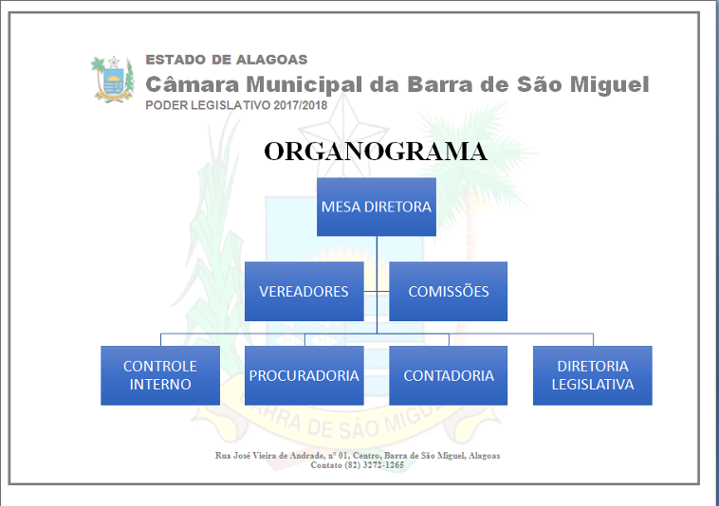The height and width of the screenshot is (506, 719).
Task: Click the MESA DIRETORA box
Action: [x=377, y=207]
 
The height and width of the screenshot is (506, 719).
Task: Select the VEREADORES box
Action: [x=304, y=291]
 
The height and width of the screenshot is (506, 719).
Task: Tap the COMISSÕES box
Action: [x=448, y=291]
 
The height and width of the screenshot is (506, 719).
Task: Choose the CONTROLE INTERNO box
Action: [x=160, y=375]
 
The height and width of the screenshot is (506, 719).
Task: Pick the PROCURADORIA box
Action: [x=304, y=375]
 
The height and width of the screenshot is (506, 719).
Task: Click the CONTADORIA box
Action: [x=448, y=375]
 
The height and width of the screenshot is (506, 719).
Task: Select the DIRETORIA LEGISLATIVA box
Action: [x=593, y=375]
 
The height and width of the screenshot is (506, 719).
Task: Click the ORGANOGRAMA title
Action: [x=376, y=152]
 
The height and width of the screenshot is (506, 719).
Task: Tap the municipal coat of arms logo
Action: [x=113, y=79]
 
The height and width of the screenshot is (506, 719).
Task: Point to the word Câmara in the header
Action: [x=193, y=84]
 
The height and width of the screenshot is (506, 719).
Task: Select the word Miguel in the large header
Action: [x=609, y=85]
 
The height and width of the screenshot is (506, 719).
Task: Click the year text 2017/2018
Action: [x=301, y=105]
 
